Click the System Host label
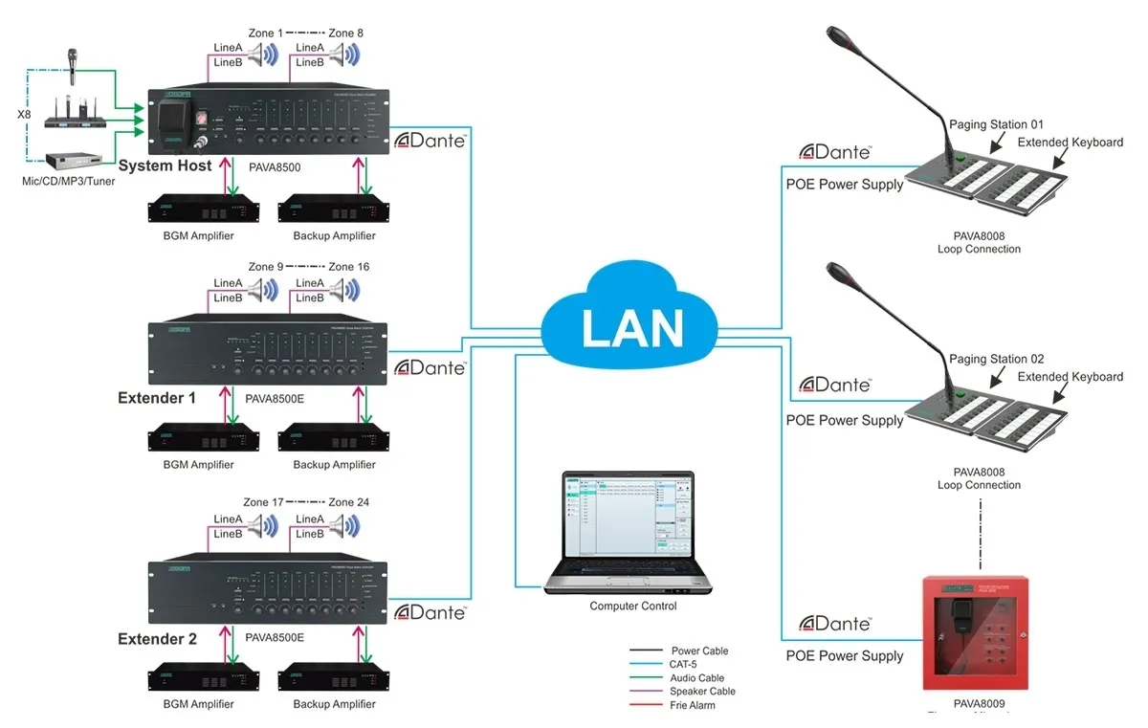point(166,166)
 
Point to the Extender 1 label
point(157,397)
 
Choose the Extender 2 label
point(157,638)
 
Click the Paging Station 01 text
point(996,124)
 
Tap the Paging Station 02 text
point(996,360)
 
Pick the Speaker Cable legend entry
point(702,691)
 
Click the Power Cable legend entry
point(699,651)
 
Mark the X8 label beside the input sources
point(26,115)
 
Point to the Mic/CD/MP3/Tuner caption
point(68,180)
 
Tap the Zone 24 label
point(348,502)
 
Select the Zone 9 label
point(265,266)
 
